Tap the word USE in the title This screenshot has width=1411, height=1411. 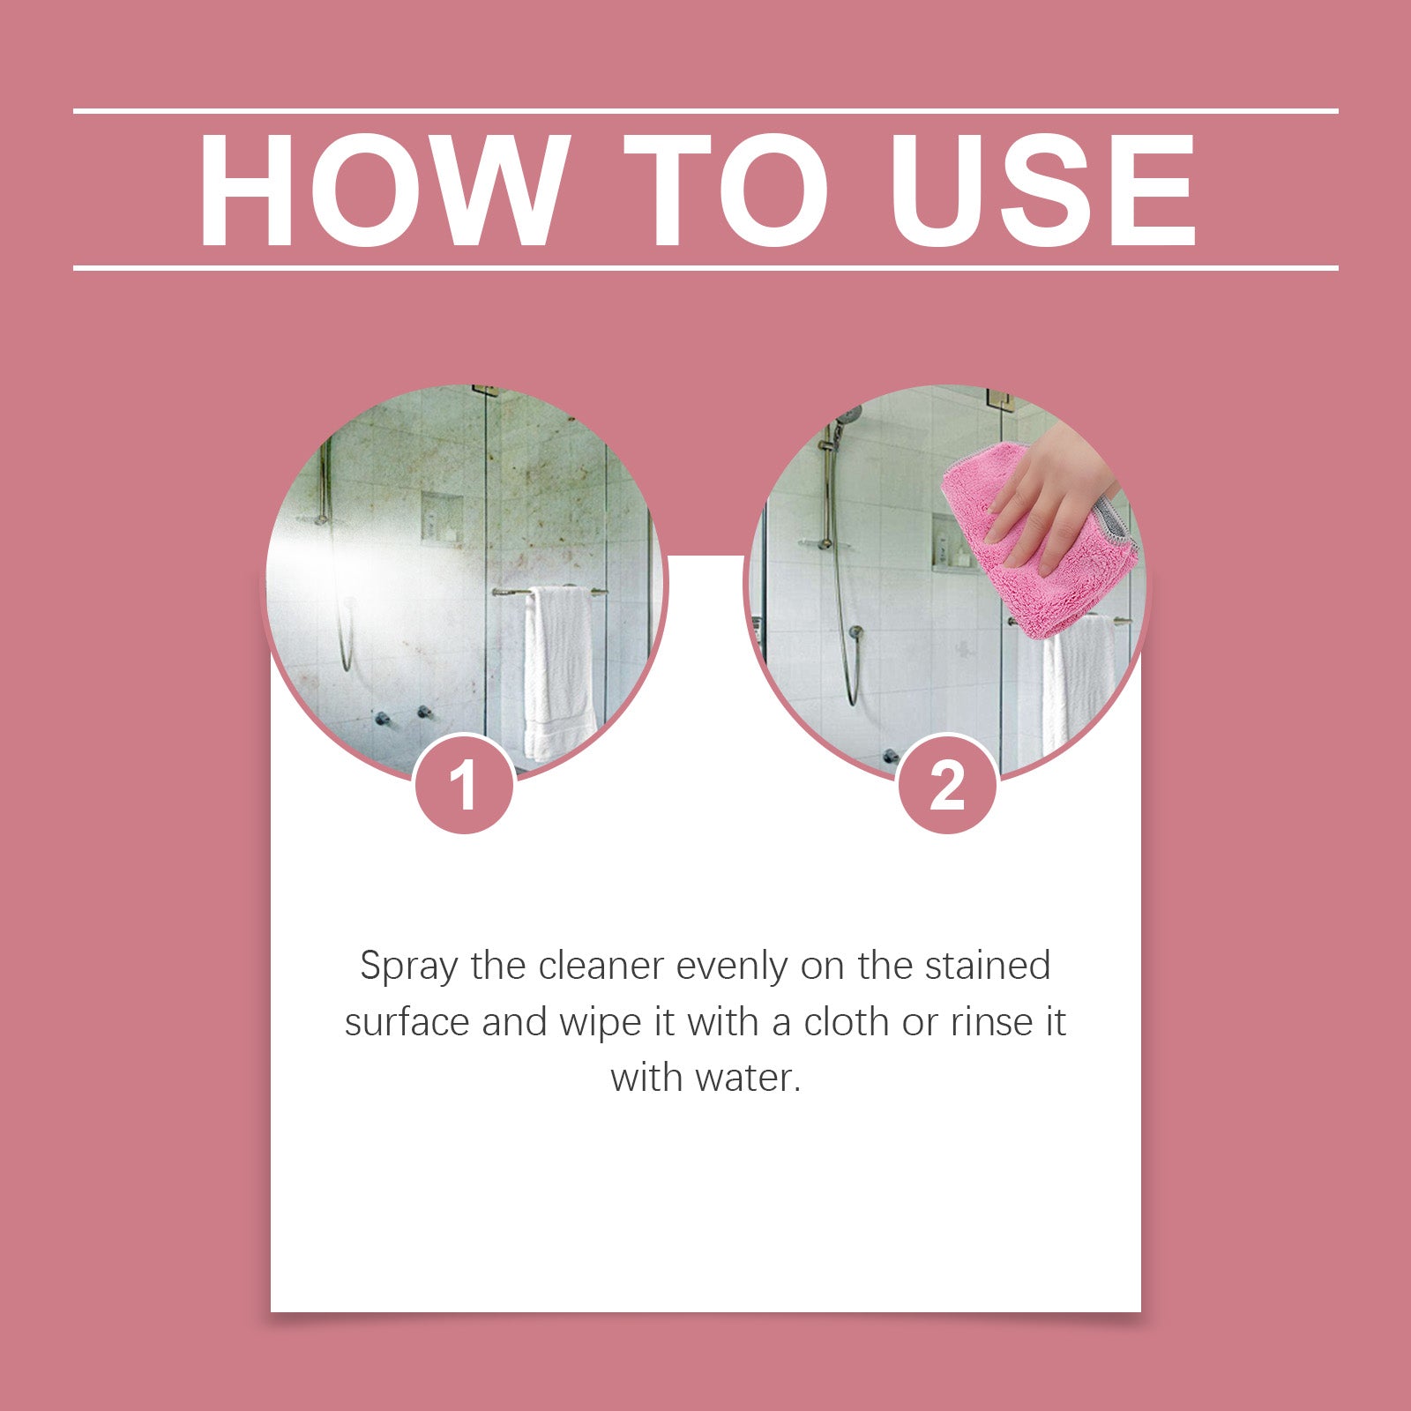point(1042,190)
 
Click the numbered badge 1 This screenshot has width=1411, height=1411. point(464,784)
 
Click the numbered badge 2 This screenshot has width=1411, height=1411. point(947,784)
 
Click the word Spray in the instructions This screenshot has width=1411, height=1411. point(408,967)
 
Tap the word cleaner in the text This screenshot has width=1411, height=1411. point(601,967)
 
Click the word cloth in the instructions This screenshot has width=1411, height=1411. point(846,1023)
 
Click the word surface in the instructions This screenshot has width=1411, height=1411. point(407,1023)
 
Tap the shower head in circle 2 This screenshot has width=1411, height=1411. point(847,414)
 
